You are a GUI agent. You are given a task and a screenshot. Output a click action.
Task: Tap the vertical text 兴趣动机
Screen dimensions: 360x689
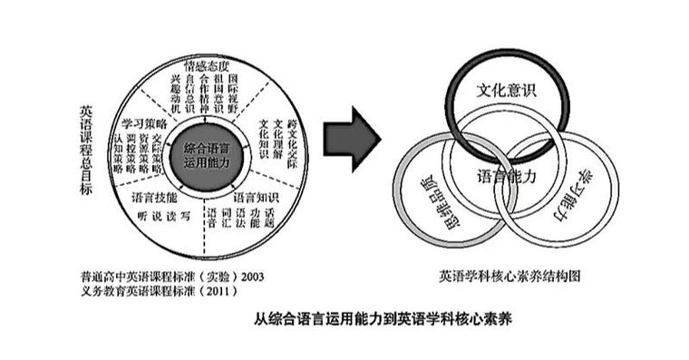176,94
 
